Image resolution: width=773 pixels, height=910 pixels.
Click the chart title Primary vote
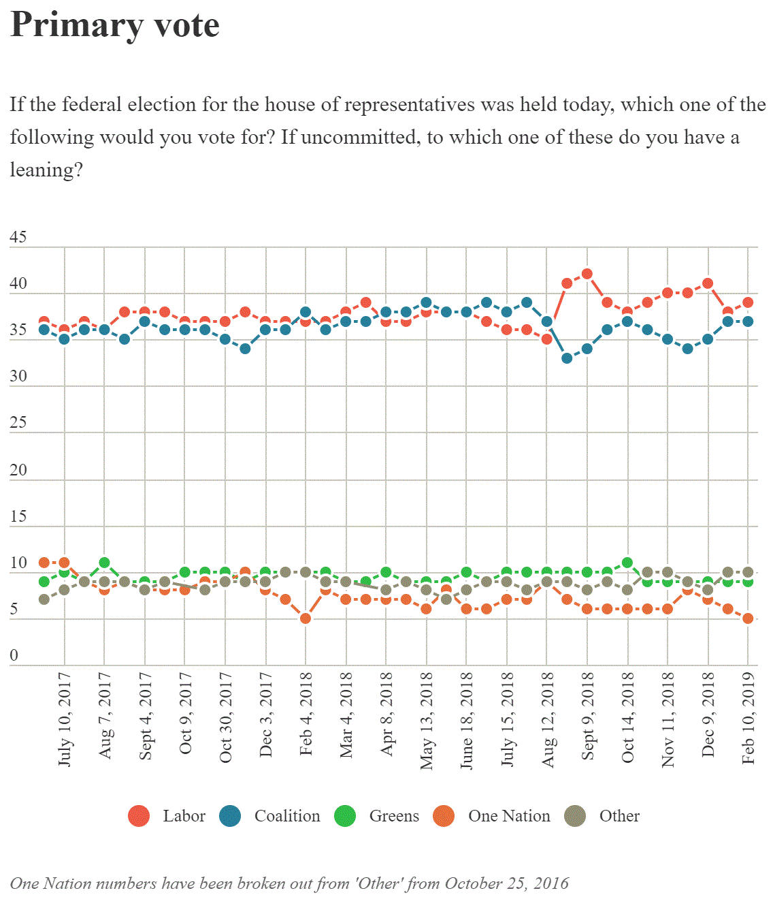coord(114,25)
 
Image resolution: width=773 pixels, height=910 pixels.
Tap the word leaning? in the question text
coord(46,170)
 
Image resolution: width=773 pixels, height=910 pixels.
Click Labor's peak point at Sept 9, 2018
coord(587,274)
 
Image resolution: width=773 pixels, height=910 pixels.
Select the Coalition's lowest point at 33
coord(567,358)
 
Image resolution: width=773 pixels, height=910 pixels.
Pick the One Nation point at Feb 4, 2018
coord(306,618)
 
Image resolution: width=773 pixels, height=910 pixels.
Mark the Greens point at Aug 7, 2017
coord(104,563)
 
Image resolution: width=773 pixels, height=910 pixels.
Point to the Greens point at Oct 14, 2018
coord(627,563)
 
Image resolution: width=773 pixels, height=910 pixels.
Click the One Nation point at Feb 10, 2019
coord(748,618)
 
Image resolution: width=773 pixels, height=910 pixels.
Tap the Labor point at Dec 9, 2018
coord(708,283)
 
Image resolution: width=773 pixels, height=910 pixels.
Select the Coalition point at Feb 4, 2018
coord(306,312)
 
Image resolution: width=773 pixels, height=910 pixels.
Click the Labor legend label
coord(184,816)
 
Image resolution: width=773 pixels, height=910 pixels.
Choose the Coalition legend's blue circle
coord(231,816)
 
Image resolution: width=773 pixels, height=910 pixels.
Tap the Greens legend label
coord(394,816)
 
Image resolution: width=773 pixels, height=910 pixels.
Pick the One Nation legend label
coord(509,816)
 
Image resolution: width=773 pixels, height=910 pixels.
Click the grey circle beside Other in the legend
coord(575,816)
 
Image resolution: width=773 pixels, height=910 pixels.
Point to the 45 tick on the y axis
coord(18,237)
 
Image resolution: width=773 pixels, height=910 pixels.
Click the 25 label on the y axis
coord(18,422)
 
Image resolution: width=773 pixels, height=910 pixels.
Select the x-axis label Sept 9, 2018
coord(587,716)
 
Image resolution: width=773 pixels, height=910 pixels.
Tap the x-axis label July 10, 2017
coord(65,719)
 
